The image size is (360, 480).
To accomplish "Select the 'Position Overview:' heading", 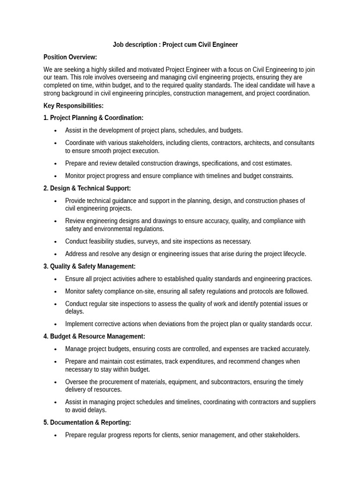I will click(70, 57).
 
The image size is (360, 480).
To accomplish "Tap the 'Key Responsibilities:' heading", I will click(74, 106).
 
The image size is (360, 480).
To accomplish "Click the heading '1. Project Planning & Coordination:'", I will click(93, 118).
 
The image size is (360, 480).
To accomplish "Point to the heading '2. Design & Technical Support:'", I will click(87, 188).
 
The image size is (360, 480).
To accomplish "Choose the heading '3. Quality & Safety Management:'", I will click(90, 266).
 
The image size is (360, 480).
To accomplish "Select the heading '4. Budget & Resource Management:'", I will click(94, 337).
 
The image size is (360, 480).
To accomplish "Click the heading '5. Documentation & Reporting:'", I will click(87, 422).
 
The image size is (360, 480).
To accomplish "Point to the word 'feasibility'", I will click(106, 241).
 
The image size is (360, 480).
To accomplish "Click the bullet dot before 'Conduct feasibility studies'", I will click(56, 242).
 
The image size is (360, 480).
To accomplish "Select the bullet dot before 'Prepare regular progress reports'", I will click(56, 435).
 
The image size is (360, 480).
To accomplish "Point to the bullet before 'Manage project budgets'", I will click(56, 349).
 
